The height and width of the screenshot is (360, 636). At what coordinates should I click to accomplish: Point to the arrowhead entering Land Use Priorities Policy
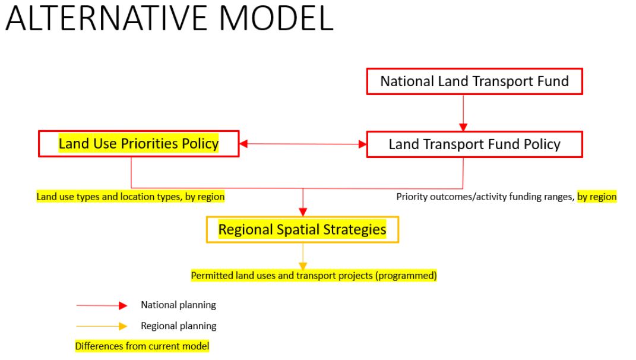click(243, 144)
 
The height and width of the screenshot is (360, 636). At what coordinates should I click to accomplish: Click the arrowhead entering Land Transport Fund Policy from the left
click(363, 144)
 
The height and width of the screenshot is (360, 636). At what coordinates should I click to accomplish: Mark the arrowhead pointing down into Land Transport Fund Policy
click(463, 127)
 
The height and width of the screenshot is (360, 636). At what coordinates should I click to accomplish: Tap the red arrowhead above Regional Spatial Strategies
click(303, 212)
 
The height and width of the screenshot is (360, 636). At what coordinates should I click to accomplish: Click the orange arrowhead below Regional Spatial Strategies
click(303, 266)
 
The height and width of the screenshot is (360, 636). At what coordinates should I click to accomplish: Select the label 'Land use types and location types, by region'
click(130, 197)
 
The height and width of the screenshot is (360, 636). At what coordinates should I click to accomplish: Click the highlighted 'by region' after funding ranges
click(597, 197)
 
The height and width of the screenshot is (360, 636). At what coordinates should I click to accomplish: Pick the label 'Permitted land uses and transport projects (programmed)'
click(314, 276)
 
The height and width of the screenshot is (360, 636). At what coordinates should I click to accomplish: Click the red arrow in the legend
click(102, 305)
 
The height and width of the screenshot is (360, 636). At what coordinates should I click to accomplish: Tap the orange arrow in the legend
click(102, 326)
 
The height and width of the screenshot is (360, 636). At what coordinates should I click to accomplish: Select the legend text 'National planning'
click(179, 305)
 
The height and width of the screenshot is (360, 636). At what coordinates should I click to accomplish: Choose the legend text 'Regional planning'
click(179, 326)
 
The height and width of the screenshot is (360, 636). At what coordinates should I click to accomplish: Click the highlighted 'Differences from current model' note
click(142, 346)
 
